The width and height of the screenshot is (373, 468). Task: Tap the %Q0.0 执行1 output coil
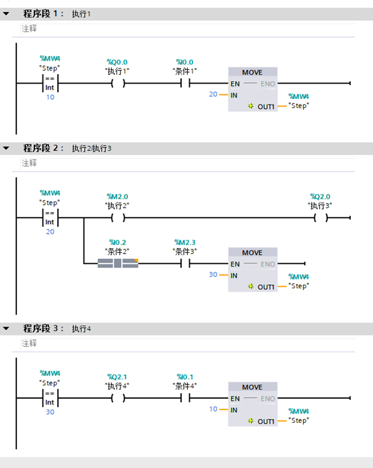pyautogui.click(x=118, y=83)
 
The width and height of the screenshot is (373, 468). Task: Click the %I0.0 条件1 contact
pyautogui.click(x=184, y=83)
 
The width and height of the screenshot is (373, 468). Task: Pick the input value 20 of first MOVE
pyautogui.click(x=213, y=95)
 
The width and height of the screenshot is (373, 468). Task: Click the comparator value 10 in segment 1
pyautogui.click(x=50, y=98)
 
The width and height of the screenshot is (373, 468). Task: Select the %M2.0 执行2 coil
pyautogui.click(x=118, y=218)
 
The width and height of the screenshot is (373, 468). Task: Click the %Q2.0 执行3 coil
pyautogui.click(x=320, y=218)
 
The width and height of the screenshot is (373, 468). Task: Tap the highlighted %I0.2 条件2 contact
pyautogui.click(x=118, y=263)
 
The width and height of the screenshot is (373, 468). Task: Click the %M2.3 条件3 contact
pyautogui.click(x=184, y=263)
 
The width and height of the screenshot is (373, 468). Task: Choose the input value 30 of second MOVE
pyautogui.click(x=213, y=275)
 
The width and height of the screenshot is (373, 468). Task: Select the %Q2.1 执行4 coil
pyautogui.click(x=118, y=398)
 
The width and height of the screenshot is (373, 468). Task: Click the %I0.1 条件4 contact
pyautogui.click(x=184, y=398)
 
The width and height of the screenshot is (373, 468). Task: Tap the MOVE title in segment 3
pyautogui.click(x=252, y=387)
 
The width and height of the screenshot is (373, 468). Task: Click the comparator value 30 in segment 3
pyautogui.click(x=50, y=412)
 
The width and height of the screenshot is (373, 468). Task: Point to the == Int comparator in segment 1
pyautogui.click(x=50, y=83)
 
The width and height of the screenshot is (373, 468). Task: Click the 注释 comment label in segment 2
pyautogui.click(x=29, y=163)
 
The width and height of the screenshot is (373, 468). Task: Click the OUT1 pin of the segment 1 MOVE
pyautogui.click(x=266, y=106)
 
